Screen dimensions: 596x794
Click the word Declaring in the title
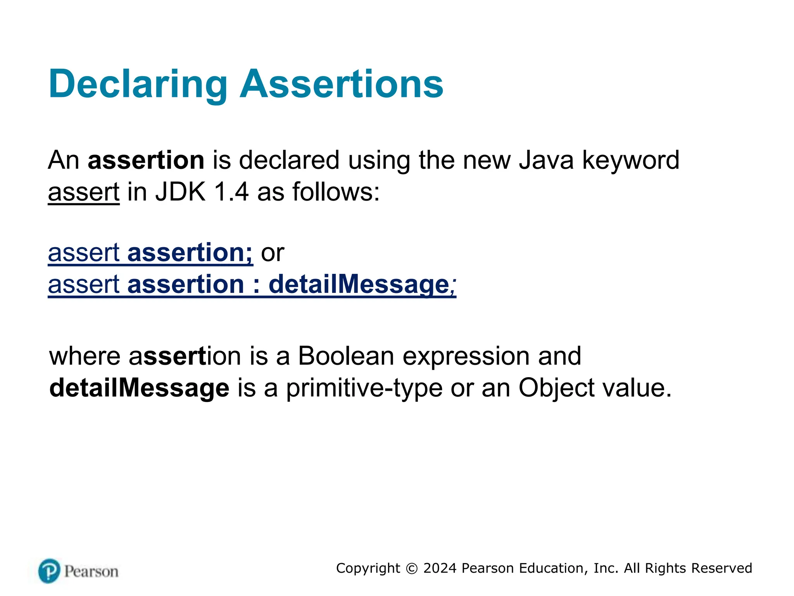138,84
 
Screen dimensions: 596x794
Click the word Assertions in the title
341,84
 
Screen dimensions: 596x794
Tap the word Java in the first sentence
546,160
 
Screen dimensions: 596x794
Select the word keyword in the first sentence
631,160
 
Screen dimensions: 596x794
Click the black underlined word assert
83,192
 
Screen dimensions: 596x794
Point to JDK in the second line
180,192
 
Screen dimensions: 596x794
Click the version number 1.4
231,192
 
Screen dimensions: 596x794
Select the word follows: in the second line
336,192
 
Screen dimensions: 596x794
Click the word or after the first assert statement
273,253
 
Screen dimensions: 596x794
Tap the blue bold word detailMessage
359,284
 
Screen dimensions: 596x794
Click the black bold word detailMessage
139,388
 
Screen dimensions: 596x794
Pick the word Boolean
346,356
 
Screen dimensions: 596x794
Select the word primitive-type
364,388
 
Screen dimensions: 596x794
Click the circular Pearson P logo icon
49,571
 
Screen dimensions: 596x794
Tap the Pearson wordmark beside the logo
91,572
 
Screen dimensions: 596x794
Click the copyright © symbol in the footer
412,568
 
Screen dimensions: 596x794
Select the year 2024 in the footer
440,568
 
